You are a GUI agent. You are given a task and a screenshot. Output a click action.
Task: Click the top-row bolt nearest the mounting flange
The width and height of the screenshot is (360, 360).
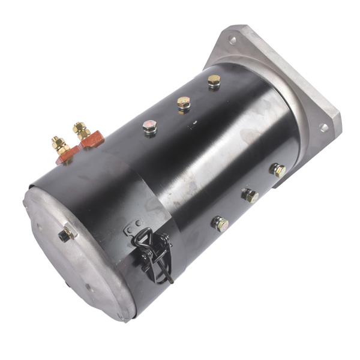[214, 80]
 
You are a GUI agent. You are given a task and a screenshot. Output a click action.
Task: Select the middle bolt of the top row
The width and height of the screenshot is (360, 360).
[184, 103]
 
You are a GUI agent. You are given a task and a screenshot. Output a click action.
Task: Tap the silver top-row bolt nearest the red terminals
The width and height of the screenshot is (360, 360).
[149, 127]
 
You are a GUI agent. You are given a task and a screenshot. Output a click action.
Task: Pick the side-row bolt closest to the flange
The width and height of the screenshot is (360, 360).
[278, 170]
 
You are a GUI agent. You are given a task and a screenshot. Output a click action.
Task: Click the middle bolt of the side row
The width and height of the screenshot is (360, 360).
[250, 195]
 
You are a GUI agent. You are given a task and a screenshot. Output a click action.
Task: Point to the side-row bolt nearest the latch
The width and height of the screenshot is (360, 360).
[220, 224]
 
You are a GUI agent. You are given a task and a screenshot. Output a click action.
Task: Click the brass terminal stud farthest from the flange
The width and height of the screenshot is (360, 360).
[59, 145]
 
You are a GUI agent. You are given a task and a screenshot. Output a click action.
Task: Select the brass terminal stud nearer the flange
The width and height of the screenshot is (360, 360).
[80, 128]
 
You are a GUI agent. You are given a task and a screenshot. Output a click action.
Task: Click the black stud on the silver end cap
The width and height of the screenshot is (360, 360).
[65, 235]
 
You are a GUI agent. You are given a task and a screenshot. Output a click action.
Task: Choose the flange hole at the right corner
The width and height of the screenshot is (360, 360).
[323, 127]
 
